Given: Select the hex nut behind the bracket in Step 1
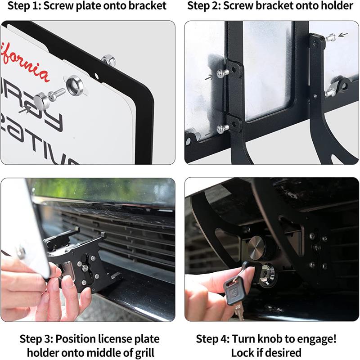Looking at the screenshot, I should click(107, 59).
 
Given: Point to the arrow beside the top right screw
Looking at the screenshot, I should click(344, 34).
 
